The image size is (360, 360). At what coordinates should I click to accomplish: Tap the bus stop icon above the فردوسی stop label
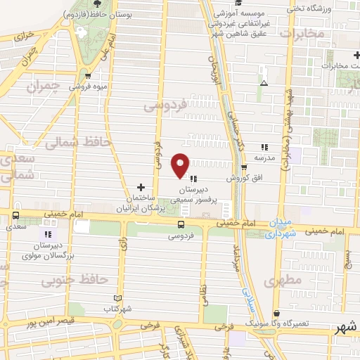click(181, 225)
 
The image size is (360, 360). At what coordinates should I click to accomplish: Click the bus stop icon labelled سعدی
click(15, 216)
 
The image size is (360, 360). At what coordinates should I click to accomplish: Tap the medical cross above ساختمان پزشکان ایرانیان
click(141, 186)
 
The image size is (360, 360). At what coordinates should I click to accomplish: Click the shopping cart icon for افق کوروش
click(244, 167)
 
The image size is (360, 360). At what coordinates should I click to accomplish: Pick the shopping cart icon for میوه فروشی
click(87, 77)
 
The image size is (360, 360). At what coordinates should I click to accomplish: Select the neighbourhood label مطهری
click(283, 281)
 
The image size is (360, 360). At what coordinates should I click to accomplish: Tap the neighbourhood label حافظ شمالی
click(78, 142)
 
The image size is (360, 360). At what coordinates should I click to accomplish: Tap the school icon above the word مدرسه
click(264, 147)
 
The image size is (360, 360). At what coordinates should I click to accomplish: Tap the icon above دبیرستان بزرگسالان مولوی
click(48, 234)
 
